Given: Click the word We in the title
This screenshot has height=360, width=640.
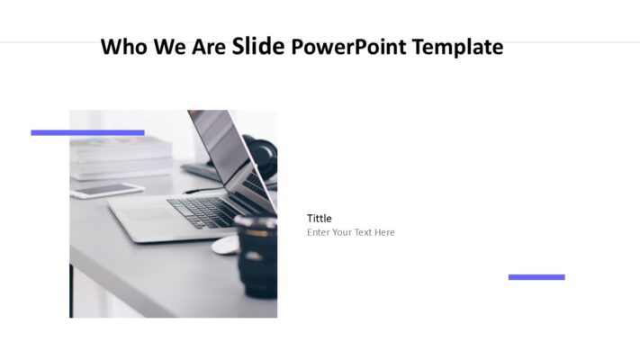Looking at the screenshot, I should (x=170, y=47).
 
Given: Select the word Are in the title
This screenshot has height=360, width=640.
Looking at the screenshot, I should (x=210, y=47).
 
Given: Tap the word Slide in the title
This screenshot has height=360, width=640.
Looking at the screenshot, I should (x=258, y=45).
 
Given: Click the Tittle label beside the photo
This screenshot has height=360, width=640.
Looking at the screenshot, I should (x=319, y=218).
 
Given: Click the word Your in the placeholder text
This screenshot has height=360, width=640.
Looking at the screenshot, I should (x=343, y=232).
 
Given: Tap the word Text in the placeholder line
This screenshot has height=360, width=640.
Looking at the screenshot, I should (x=365, y=232).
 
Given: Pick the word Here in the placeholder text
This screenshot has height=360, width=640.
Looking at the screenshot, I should (x=385, y=232).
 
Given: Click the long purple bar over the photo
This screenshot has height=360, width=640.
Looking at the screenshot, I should (x=87, y=132).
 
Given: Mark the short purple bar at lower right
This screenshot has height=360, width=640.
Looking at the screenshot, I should (x=536, y=277).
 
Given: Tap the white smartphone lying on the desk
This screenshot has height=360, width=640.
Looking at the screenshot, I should (x=107, y=190).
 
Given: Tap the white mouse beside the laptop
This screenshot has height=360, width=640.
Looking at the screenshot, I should (x=225, y=245).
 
